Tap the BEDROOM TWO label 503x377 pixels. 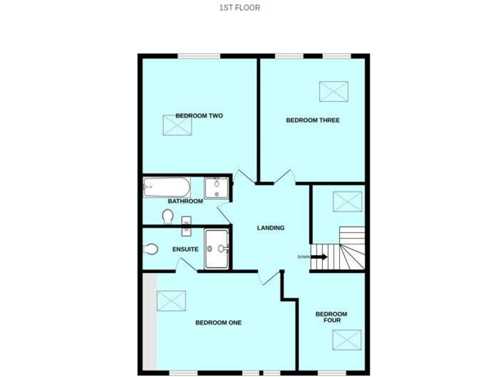click(x=199, y=116)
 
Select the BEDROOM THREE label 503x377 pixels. click(x=312, y=120)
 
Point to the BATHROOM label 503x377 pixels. click(x=185, y=201)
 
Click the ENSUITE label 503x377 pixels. click(x=185, y=249)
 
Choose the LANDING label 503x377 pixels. click(x=270, y=228)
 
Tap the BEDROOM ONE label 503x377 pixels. click(x=218, y=322)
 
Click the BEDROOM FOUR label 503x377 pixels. click(x=331, y=317)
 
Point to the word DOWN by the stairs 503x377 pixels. click(x=303, y=257)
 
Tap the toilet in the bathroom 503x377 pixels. click(x=168, y=216)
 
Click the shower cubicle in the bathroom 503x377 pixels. click(x=216, y=188)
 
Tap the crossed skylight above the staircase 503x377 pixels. click(x=346, y=200)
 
